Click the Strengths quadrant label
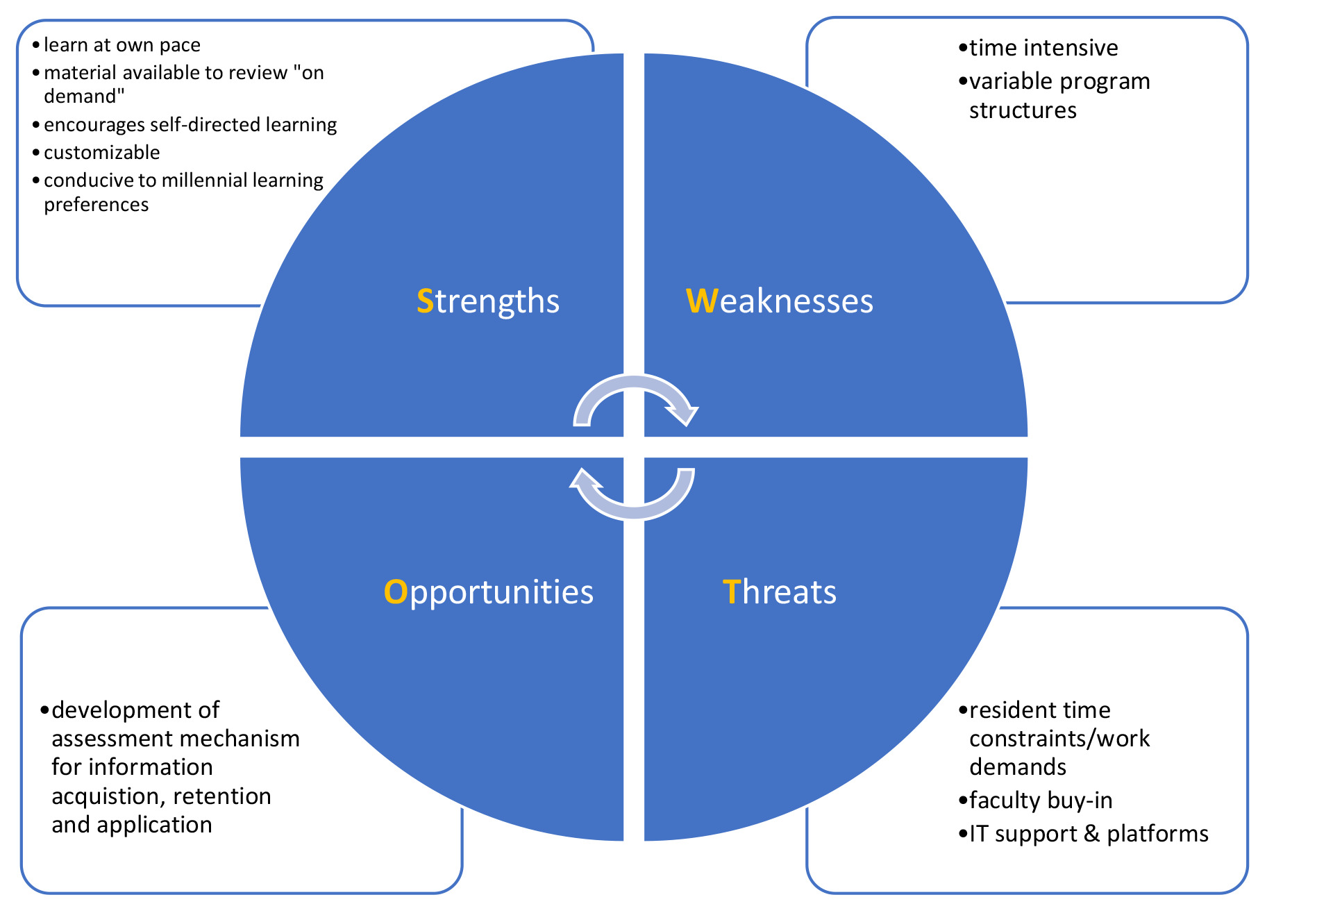(488, 301)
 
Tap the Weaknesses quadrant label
(779, 301)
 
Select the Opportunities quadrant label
(488, 592)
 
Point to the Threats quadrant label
(779, 592)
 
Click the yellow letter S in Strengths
(425, 301)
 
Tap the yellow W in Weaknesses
(702, 301)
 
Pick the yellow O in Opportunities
(396, 592)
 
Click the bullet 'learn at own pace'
(121, 45)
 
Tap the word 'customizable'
(102, 153)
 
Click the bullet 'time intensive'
(1043, 48)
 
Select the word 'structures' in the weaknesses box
(1023, 110)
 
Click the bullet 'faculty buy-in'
(1040, 801)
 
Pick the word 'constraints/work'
(1059, 739)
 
